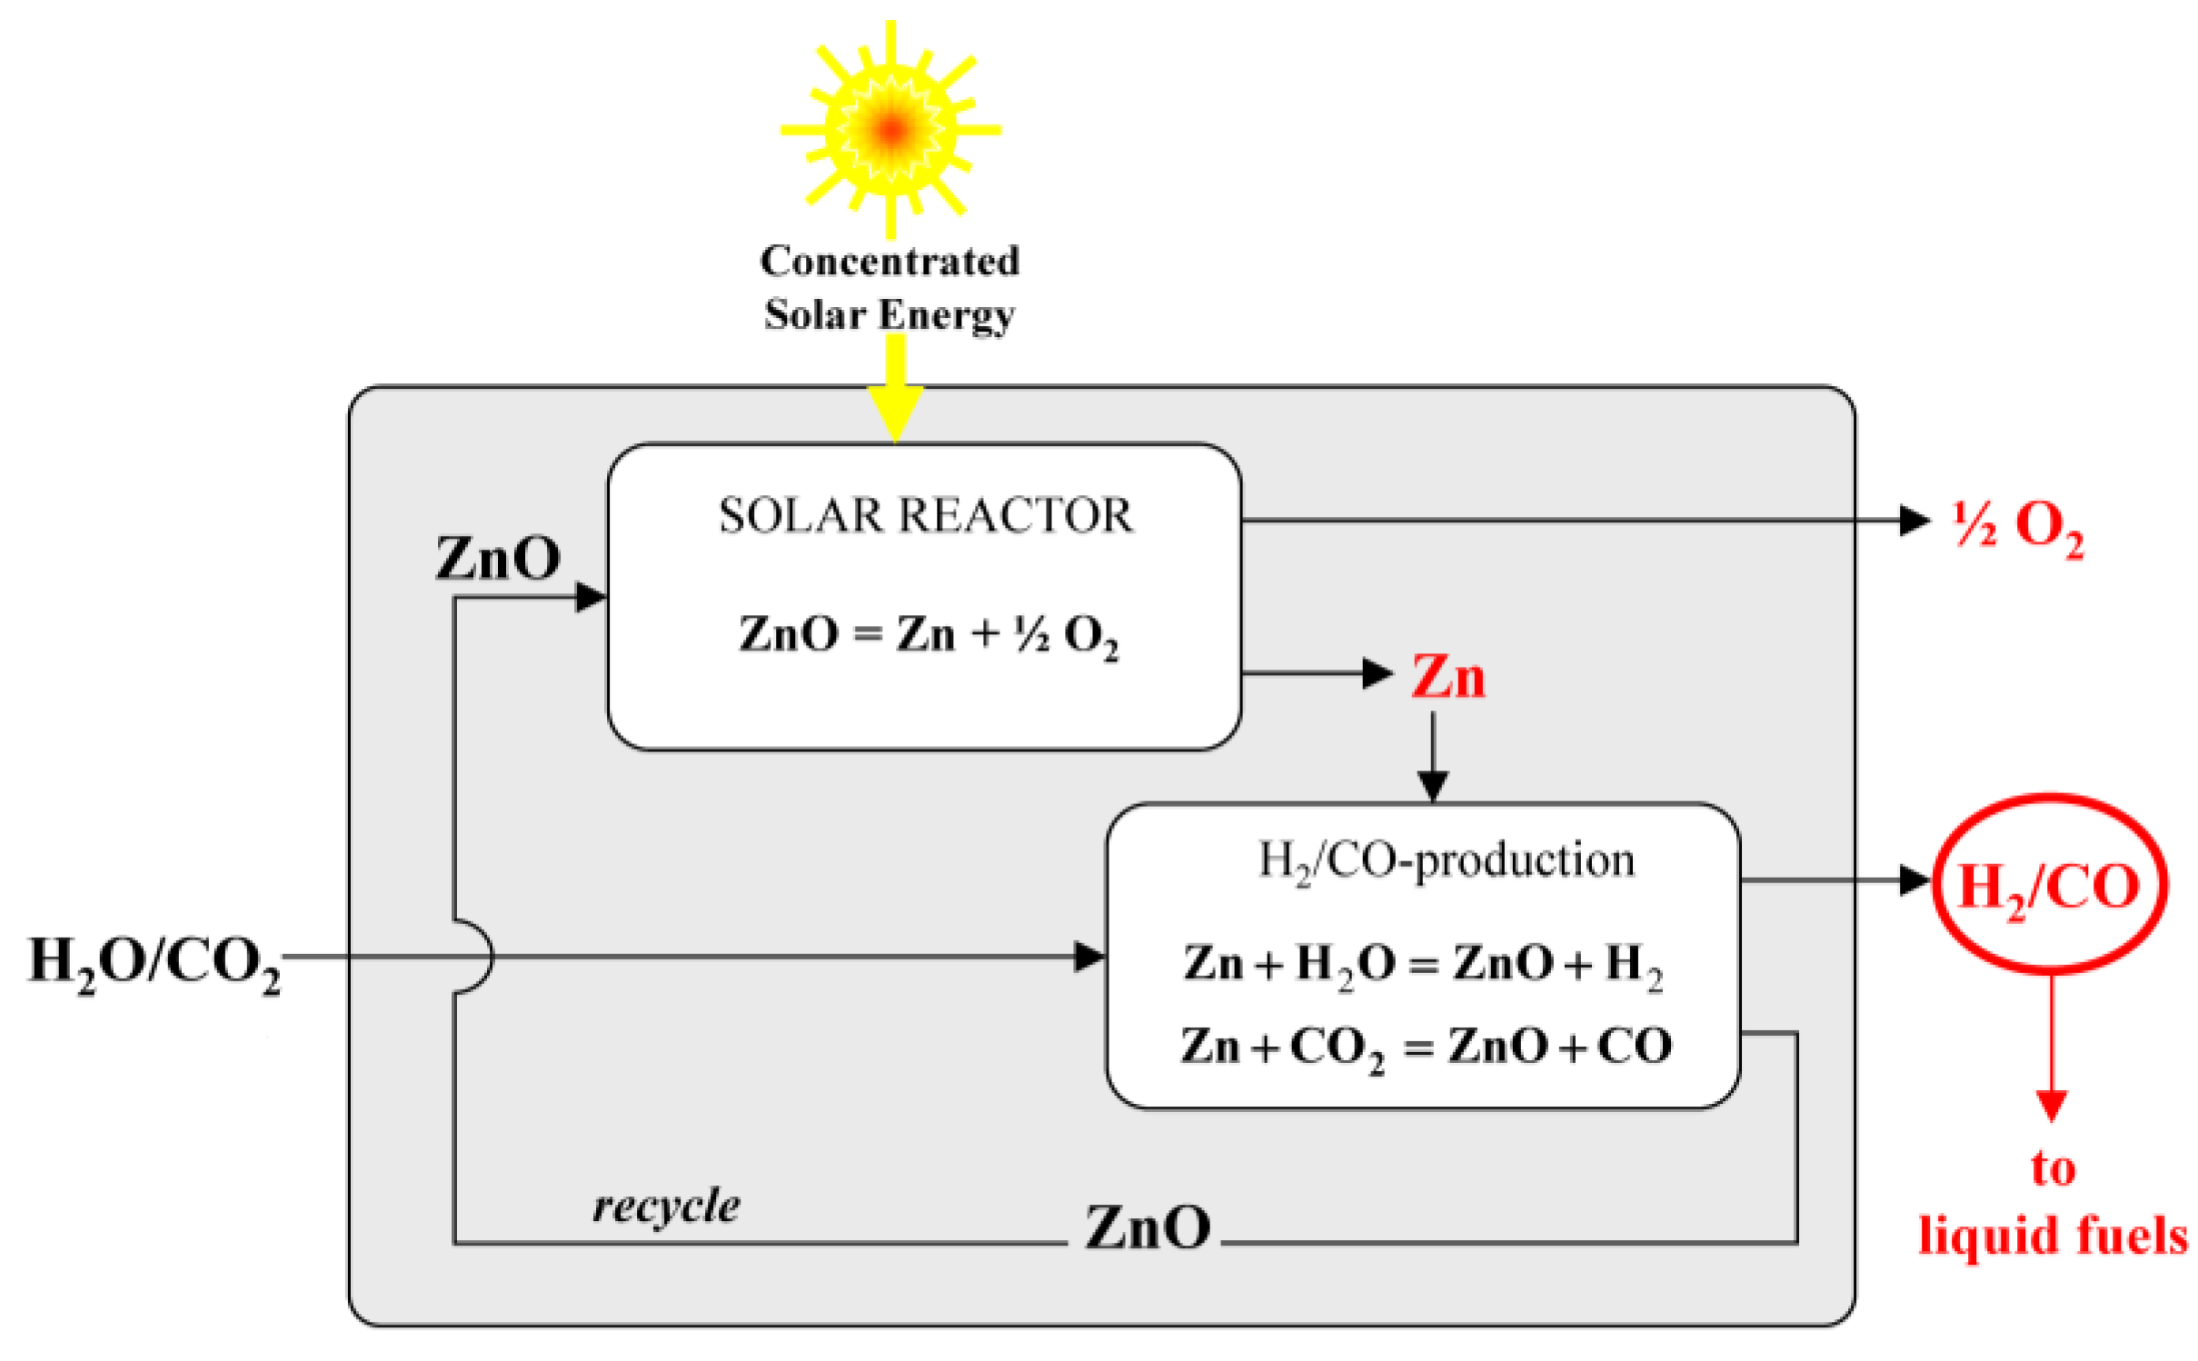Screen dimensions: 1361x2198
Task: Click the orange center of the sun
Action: [891, 129]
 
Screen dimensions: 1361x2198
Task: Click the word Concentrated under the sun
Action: [890, 262]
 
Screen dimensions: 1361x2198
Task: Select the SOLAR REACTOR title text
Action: [925, 516]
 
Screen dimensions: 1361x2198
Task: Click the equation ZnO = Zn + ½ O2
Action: [928, 635]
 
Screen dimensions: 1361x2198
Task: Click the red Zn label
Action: [1447, 678]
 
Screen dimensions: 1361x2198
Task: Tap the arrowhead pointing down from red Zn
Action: [1433, 786]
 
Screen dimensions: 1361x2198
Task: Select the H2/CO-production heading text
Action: [1446, 860]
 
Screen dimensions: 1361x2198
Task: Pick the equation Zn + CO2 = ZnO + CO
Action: [1425, 1048]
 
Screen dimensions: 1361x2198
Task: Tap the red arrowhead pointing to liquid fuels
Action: [2051, 1106]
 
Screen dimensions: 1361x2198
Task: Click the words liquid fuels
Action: [2053, 1237]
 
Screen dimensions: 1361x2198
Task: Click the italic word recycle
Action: [666, 1207]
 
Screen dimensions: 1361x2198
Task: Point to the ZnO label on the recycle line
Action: [1148, 1228]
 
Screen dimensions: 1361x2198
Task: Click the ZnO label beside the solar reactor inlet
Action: [498, 559]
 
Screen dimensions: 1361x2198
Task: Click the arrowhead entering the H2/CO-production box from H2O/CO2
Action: [1089, 957]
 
